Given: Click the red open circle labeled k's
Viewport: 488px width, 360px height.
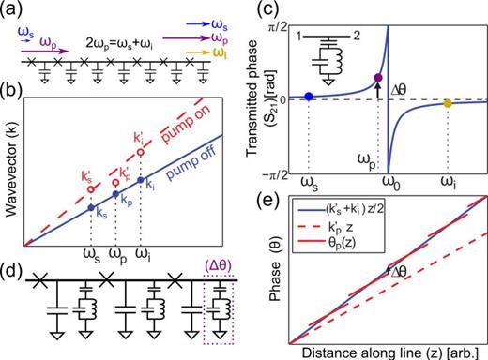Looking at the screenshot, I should tap(90, 187).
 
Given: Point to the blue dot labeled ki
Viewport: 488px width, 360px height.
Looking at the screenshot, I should tap(140, 179).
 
